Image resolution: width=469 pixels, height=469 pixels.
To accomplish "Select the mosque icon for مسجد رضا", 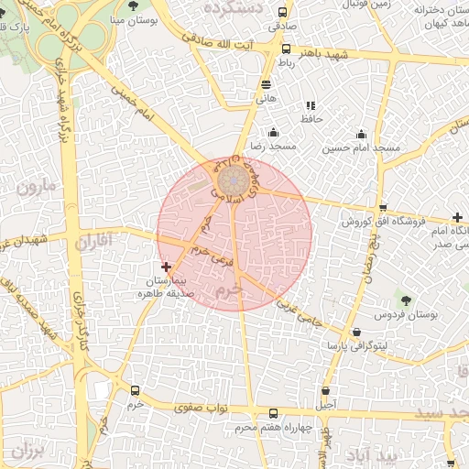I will coord(273,133).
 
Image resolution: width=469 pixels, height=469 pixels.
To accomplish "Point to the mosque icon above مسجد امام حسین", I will coord(362,134).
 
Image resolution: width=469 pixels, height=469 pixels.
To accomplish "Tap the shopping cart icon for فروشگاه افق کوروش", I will coord(383,208).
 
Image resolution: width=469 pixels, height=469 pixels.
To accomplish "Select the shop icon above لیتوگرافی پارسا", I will coord(355,333).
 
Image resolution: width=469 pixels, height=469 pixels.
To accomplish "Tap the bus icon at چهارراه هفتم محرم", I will coord(273,414).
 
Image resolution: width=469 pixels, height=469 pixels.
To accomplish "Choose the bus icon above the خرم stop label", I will coord(136,390).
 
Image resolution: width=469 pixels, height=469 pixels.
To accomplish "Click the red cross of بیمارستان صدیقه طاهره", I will coord(165,266).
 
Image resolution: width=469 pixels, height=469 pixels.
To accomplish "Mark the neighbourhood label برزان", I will coord(28,452).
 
